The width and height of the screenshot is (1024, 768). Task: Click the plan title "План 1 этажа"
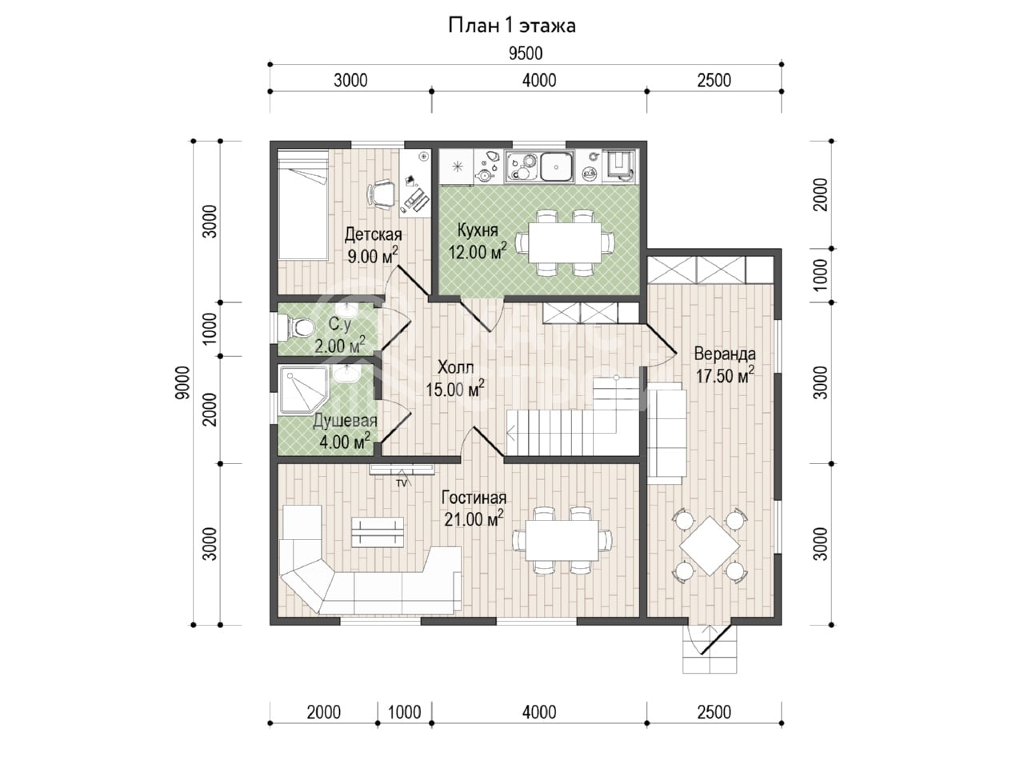512,26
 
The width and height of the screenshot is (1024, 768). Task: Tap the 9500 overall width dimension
526,54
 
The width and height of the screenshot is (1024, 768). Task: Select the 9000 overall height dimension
183,382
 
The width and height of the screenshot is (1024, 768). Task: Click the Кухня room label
478,230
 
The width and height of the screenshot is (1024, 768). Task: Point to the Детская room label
374,234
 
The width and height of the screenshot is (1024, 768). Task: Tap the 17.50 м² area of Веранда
725,375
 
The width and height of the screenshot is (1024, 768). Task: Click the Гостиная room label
474,498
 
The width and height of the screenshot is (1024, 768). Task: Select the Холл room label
455,367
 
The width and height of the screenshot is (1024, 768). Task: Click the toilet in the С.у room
296,326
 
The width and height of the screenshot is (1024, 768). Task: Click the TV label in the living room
402,483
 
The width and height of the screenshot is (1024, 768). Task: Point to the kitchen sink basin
557,166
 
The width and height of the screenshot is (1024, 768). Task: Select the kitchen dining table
565,242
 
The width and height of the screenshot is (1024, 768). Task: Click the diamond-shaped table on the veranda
710,546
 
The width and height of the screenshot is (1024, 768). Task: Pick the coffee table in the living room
378,532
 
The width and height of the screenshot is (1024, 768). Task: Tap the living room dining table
562,540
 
